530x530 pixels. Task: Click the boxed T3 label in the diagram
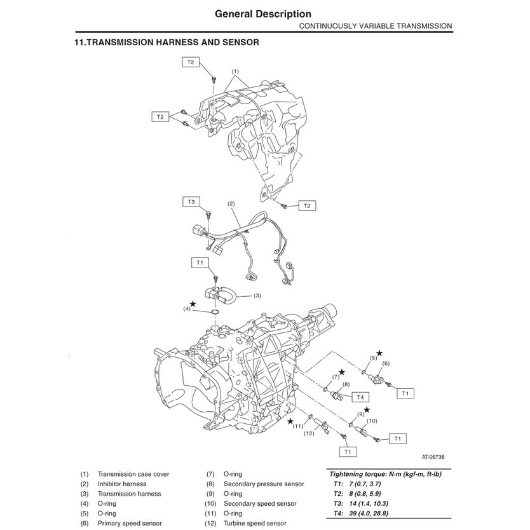point(191,201)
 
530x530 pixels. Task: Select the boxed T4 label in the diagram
point(360,397)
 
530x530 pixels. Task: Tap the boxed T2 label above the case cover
point(191,62)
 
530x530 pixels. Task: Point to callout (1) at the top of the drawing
point(234,71)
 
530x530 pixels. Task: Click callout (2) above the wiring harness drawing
point(231,204)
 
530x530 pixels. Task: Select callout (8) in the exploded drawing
point(346,384)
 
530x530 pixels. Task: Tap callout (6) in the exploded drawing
point(385,363)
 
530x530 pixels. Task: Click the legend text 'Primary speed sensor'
point(130,523)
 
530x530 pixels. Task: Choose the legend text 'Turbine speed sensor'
point(254,523)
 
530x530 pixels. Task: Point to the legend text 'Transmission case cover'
point(133,474)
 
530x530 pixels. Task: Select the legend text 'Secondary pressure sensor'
point(263,484)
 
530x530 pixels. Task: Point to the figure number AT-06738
point(434,456)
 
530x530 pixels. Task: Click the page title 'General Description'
point(263,13)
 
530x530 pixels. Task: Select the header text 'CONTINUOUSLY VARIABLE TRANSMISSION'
point(376,26)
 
